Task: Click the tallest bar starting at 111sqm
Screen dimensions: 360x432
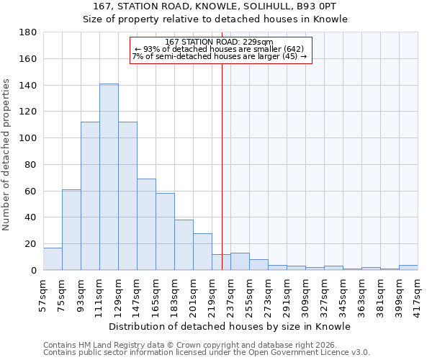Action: [109, 177]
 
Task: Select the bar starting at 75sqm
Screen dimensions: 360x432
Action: [71, 230]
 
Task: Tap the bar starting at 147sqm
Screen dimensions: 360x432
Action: [146, 225]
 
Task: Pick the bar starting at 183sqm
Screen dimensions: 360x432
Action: [184, 245]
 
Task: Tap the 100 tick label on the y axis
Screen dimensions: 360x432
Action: [28, 138]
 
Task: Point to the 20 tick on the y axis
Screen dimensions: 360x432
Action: [31, 244]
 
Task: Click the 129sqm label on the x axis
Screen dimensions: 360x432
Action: [118, 294]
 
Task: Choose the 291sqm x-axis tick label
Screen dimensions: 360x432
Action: [287, 294]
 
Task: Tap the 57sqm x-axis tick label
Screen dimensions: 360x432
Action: [43, 294]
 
